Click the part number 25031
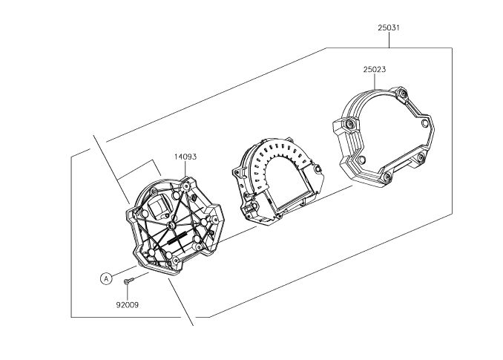tap(389, 27)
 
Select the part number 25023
tap(375, 69)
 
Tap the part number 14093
tap(185, 157)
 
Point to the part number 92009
tap(128, 305)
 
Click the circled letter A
tap(106, 278)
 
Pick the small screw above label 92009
tap(128, 281)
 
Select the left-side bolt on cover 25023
tap(349, 124)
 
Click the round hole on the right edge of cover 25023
tap(424, 123)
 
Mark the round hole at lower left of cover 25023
tap(362, 160)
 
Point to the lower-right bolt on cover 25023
tap(421, 157)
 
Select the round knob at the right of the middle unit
tap(318, 169)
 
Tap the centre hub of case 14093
tap(172, 225)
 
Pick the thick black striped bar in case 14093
tap(177, 238)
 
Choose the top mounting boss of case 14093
tap(185, 186)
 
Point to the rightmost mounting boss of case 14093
tap(214, 220)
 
